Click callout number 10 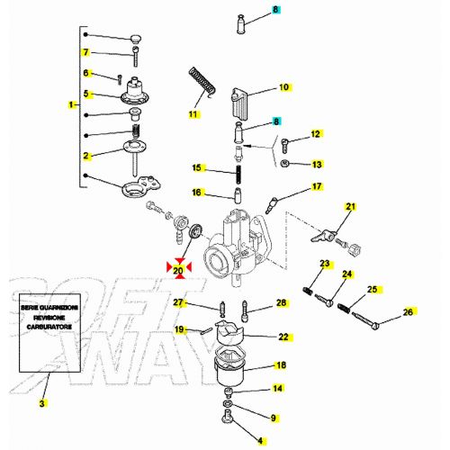283,87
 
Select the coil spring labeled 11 204,84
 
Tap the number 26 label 407,312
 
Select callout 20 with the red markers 177,268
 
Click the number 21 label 351,207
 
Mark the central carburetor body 236,238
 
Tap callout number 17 316,187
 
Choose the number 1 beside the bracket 71,105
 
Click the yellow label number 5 86,93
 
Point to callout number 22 283,337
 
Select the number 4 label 262,440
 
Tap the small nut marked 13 283,165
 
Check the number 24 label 346,274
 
